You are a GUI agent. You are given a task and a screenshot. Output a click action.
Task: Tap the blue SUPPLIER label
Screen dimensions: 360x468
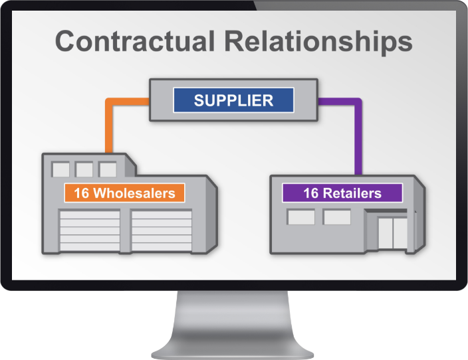pos(233,101)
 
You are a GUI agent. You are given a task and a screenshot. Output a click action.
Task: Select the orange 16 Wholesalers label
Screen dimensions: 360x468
pos(124,193)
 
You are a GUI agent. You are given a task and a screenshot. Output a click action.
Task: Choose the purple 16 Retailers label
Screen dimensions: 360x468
pos(342,193)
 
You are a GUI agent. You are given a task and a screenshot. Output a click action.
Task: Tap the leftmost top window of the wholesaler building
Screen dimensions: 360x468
pos(60,169)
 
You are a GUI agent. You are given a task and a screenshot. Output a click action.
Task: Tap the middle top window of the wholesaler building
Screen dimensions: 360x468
pos(84,169)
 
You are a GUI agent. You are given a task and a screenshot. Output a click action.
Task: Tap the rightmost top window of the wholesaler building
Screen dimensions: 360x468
pos(107,169)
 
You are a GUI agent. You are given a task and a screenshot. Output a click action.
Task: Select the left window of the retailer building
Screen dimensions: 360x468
pos(300,217)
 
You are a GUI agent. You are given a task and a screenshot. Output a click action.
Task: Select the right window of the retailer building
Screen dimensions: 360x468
pos(336,217)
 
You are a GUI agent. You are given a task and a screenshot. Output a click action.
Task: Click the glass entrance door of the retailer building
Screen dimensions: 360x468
pos(391,232)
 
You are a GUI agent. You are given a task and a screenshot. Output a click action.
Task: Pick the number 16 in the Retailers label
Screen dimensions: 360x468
pos(311,193)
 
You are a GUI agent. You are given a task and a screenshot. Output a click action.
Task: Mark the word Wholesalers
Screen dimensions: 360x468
pos(134,193)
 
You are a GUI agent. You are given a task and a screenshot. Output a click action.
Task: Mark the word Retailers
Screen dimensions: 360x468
pos(352,193)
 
